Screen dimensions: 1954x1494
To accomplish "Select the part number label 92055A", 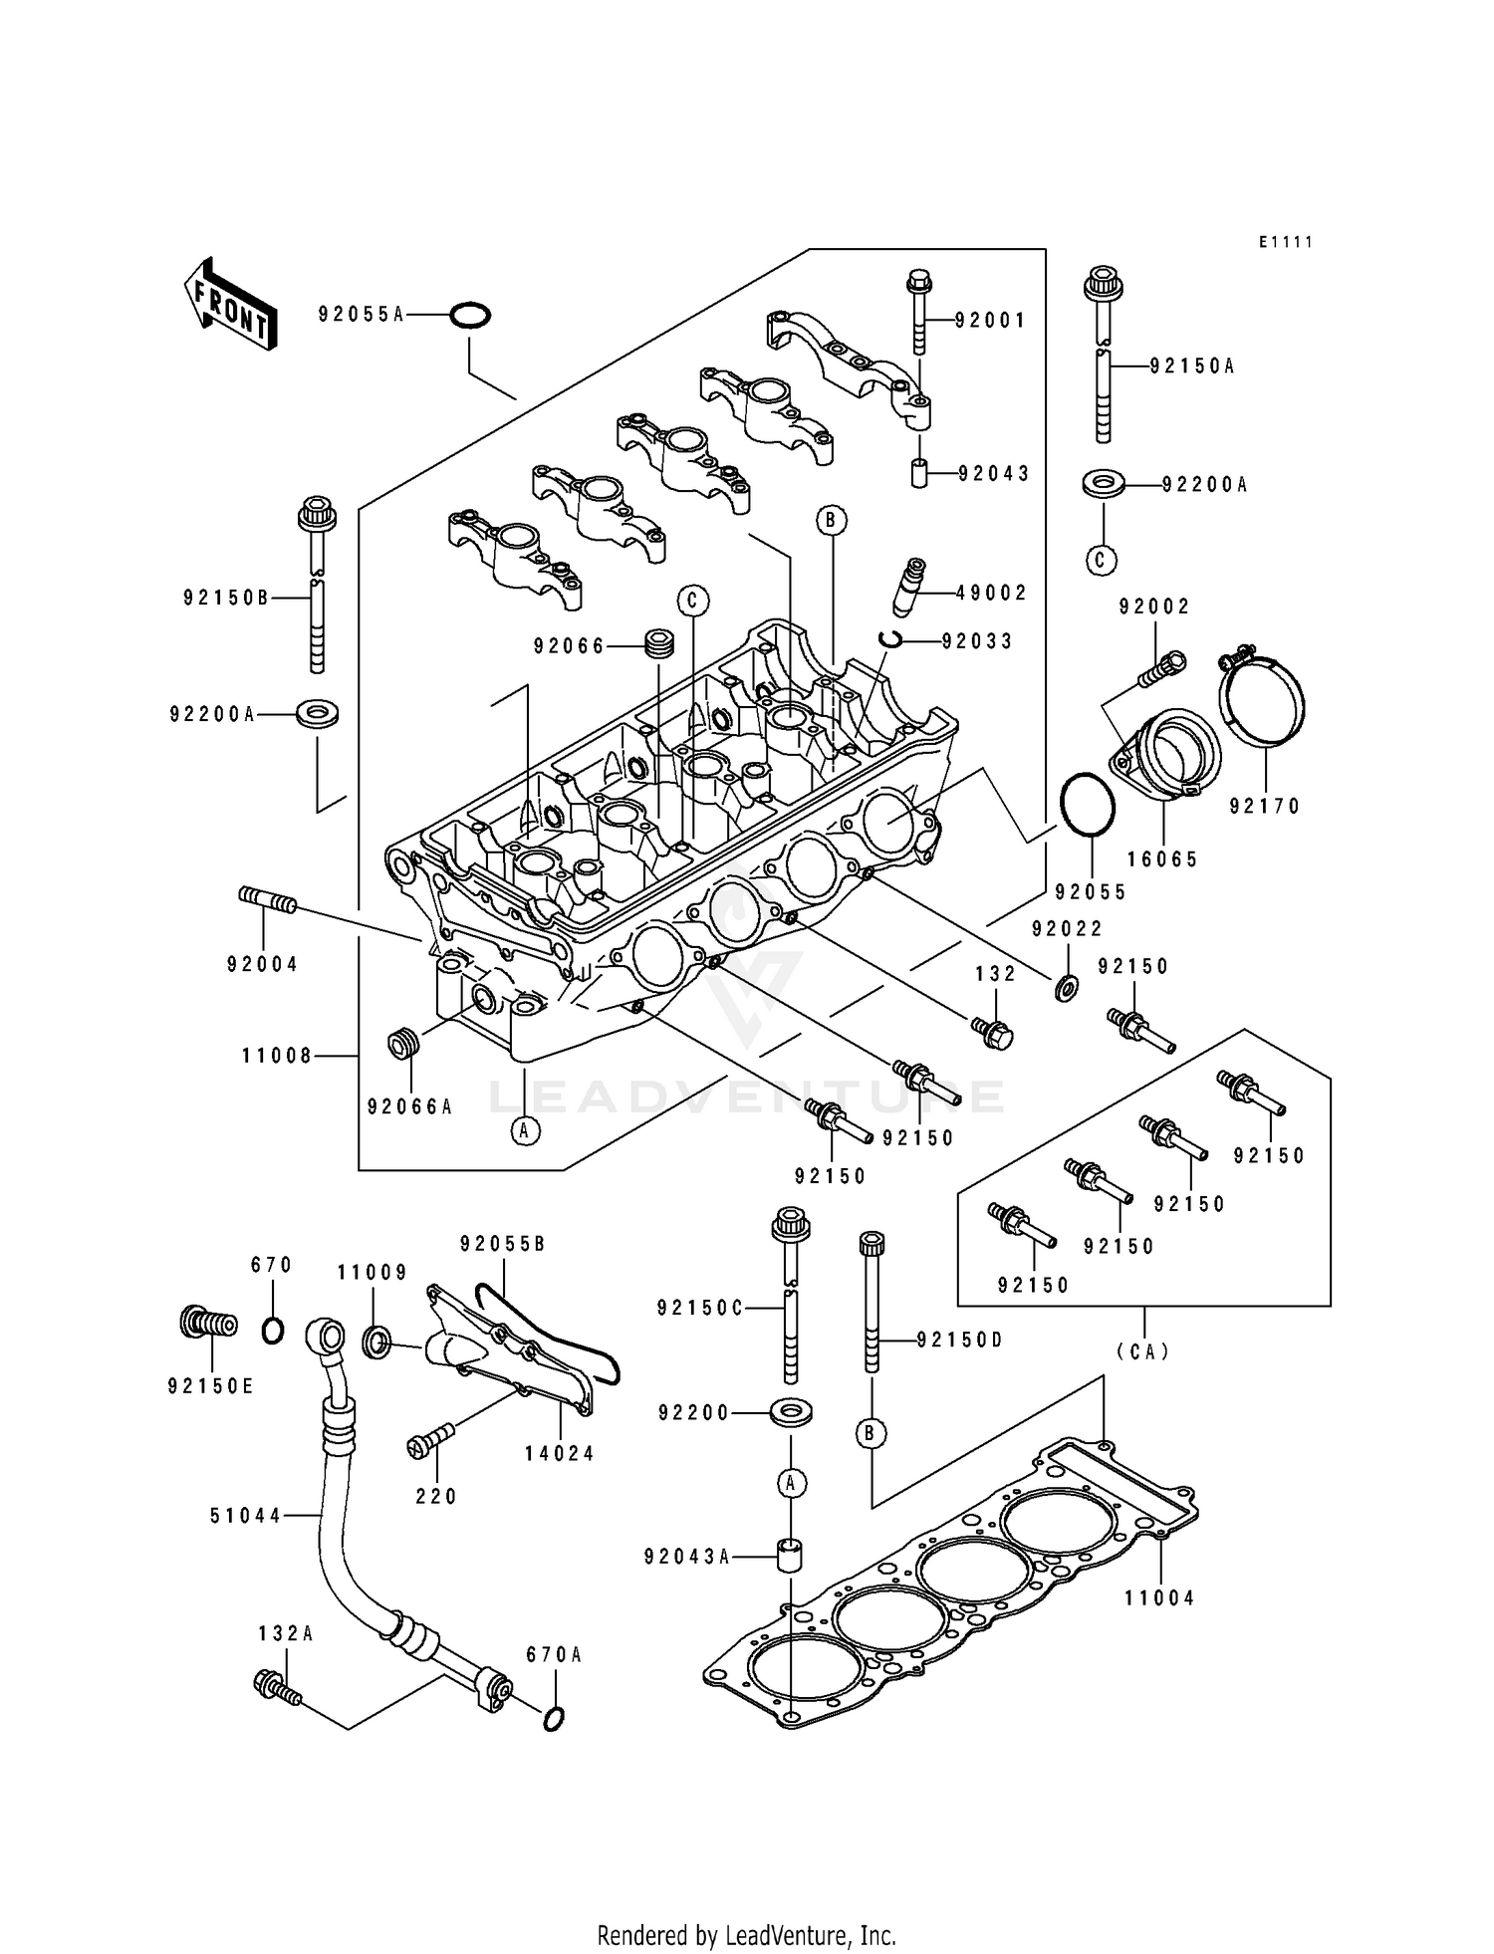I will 361,315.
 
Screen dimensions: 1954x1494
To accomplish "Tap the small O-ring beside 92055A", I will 469,316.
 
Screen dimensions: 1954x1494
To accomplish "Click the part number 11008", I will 277,1056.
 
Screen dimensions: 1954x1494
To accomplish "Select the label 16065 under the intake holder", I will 1162,859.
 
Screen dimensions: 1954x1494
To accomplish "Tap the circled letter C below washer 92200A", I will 1101,560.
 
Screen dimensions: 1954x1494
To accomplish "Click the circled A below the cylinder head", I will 525,1129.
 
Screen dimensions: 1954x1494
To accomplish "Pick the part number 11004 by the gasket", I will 1159,1598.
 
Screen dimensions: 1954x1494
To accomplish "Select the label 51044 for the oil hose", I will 246,1516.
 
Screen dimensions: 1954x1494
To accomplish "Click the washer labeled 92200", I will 790,1412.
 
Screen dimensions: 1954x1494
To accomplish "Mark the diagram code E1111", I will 1284,242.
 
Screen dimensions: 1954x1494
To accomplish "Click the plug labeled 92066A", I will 402,1047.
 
